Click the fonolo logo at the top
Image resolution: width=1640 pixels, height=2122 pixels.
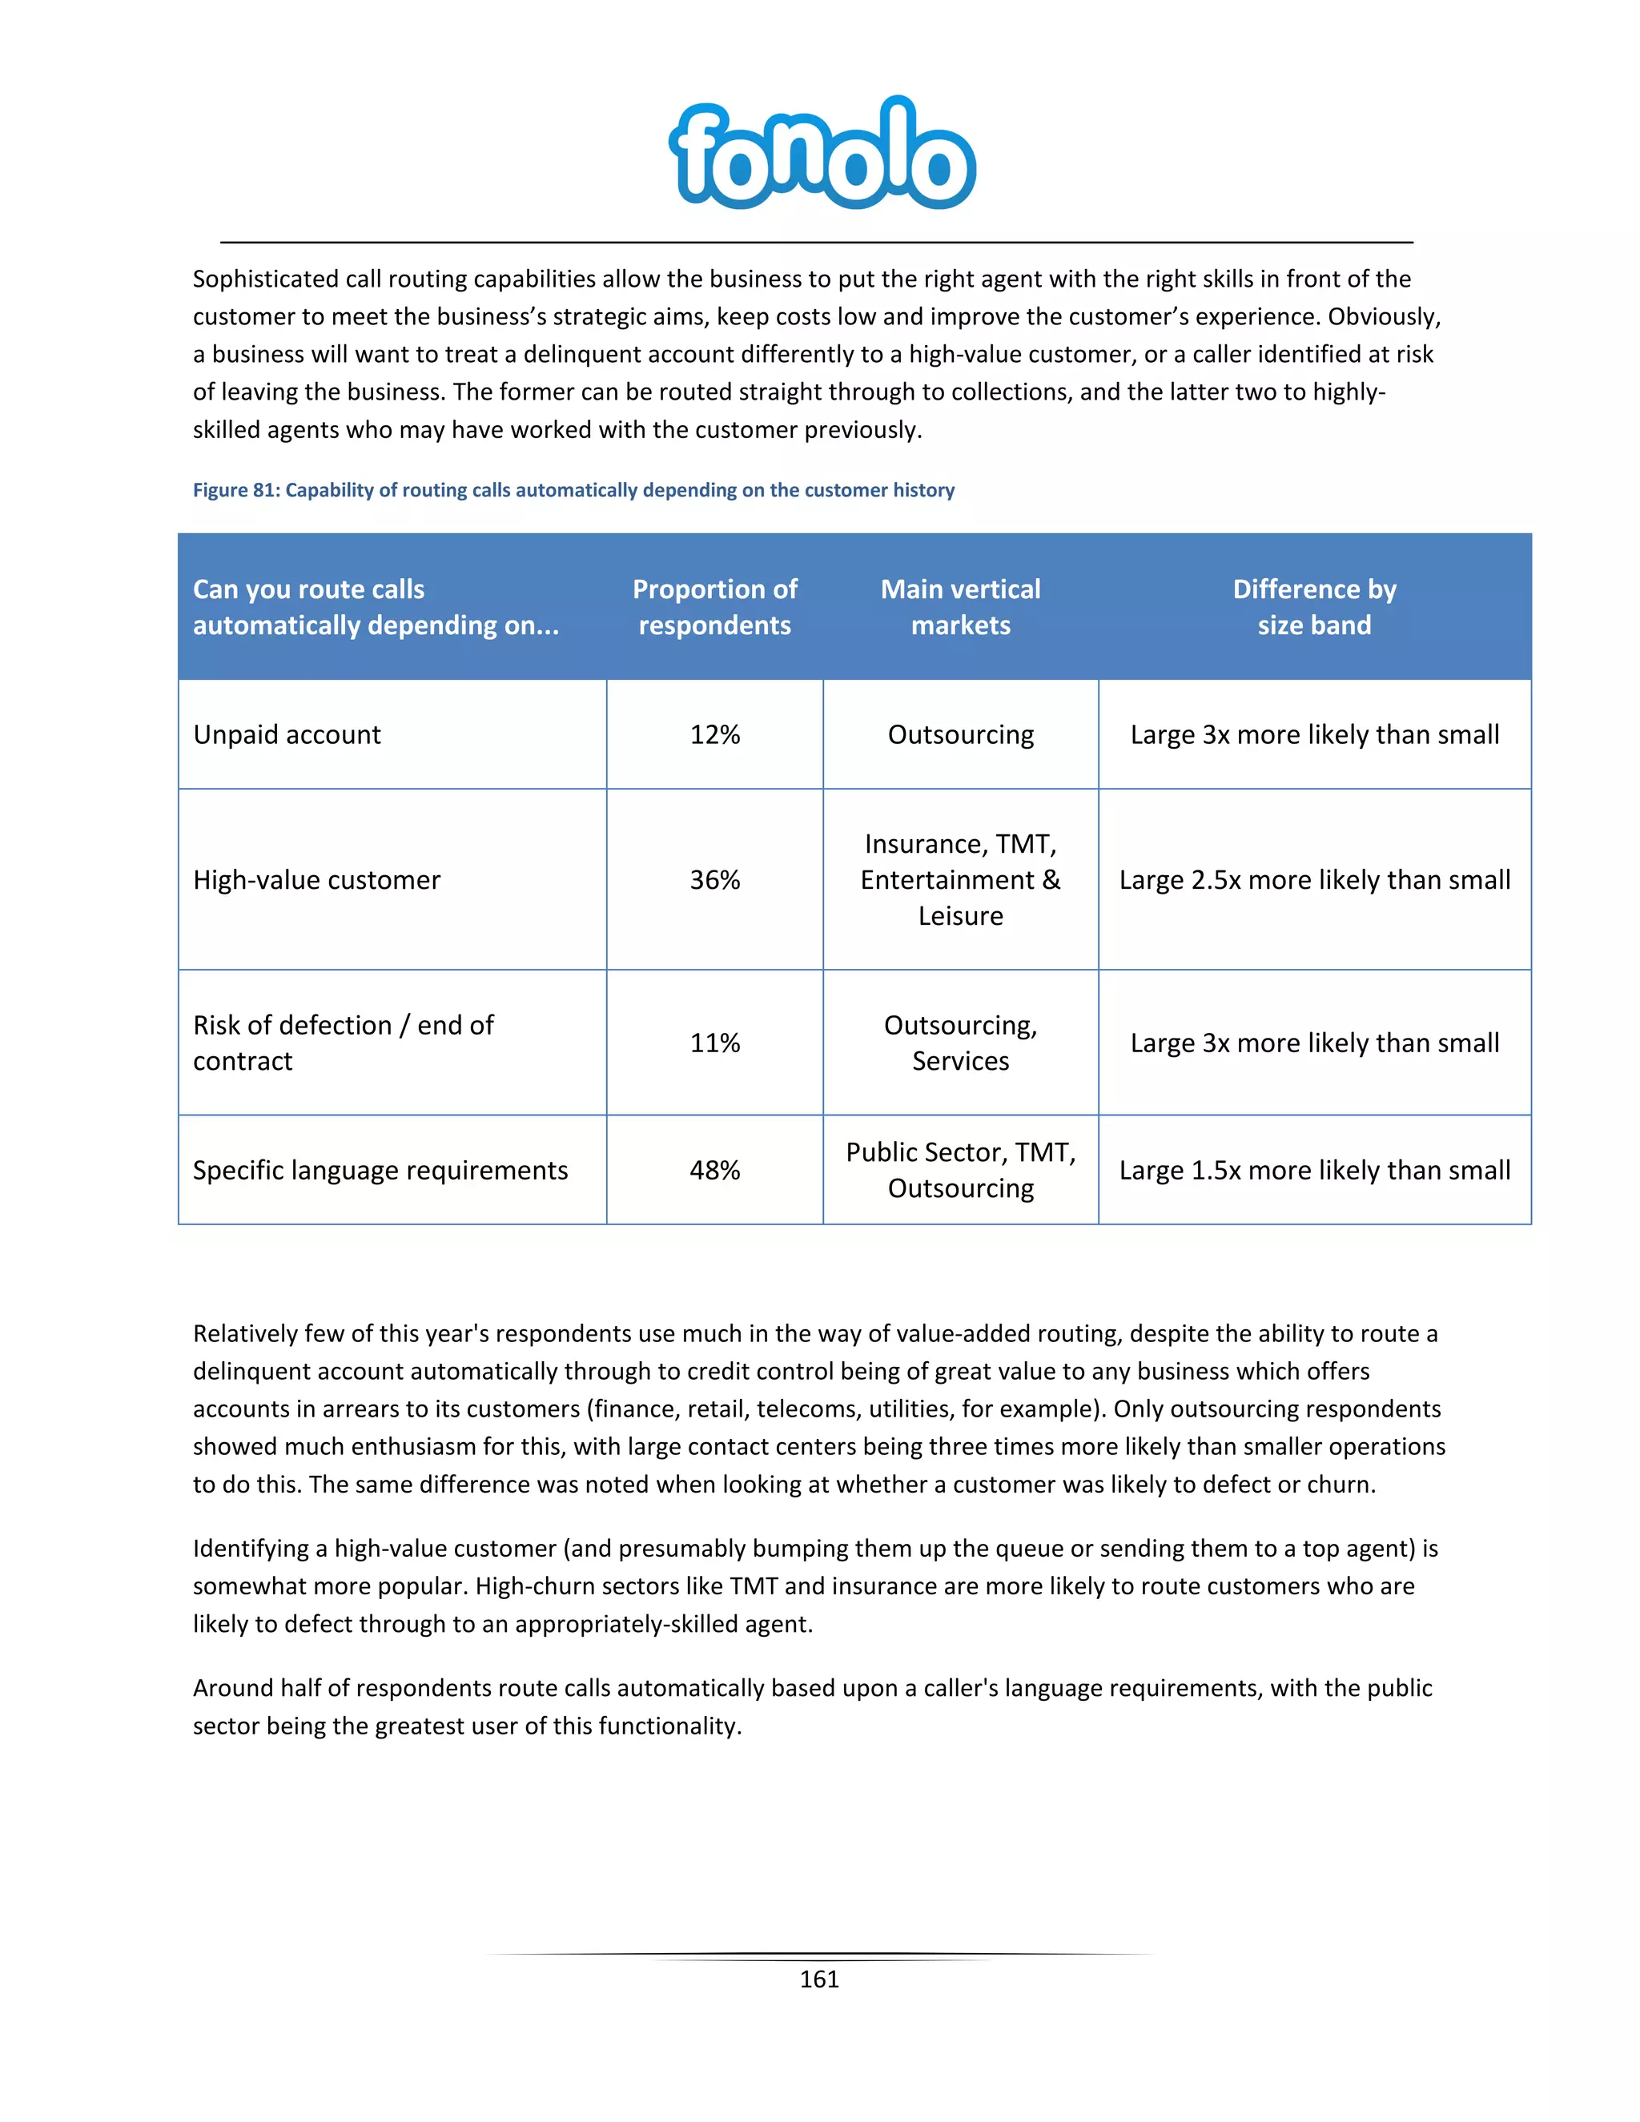click(821, 154)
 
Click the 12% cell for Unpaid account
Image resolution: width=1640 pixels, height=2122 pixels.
click(714, 734)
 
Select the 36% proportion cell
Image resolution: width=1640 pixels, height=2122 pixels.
click(714, 879)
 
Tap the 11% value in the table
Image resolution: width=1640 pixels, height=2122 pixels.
click(714, 1043)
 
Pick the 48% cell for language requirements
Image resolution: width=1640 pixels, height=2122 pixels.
click(714, 1170)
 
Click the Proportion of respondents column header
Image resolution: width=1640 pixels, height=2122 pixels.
click(714, 606)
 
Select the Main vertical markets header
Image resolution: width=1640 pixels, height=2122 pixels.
click(960, 606)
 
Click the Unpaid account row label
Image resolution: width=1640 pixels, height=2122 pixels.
click(287, 734)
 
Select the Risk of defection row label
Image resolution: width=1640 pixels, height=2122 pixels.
click(342, 1043)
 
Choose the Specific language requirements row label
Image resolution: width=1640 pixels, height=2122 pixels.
click(380, 1170)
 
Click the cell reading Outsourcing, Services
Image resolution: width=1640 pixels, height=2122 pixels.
click(960, 1043)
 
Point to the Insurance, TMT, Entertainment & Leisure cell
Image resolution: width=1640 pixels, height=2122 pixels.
click(960, 879)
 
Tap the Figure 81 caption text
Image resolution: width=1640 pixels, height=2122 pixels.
click(573, 490)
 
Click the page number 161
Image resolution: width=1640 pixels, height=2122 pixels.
click(819, 1979)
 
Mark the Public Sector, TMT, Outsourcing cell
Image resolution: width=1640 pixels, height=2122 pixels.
click(960, 1170)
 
